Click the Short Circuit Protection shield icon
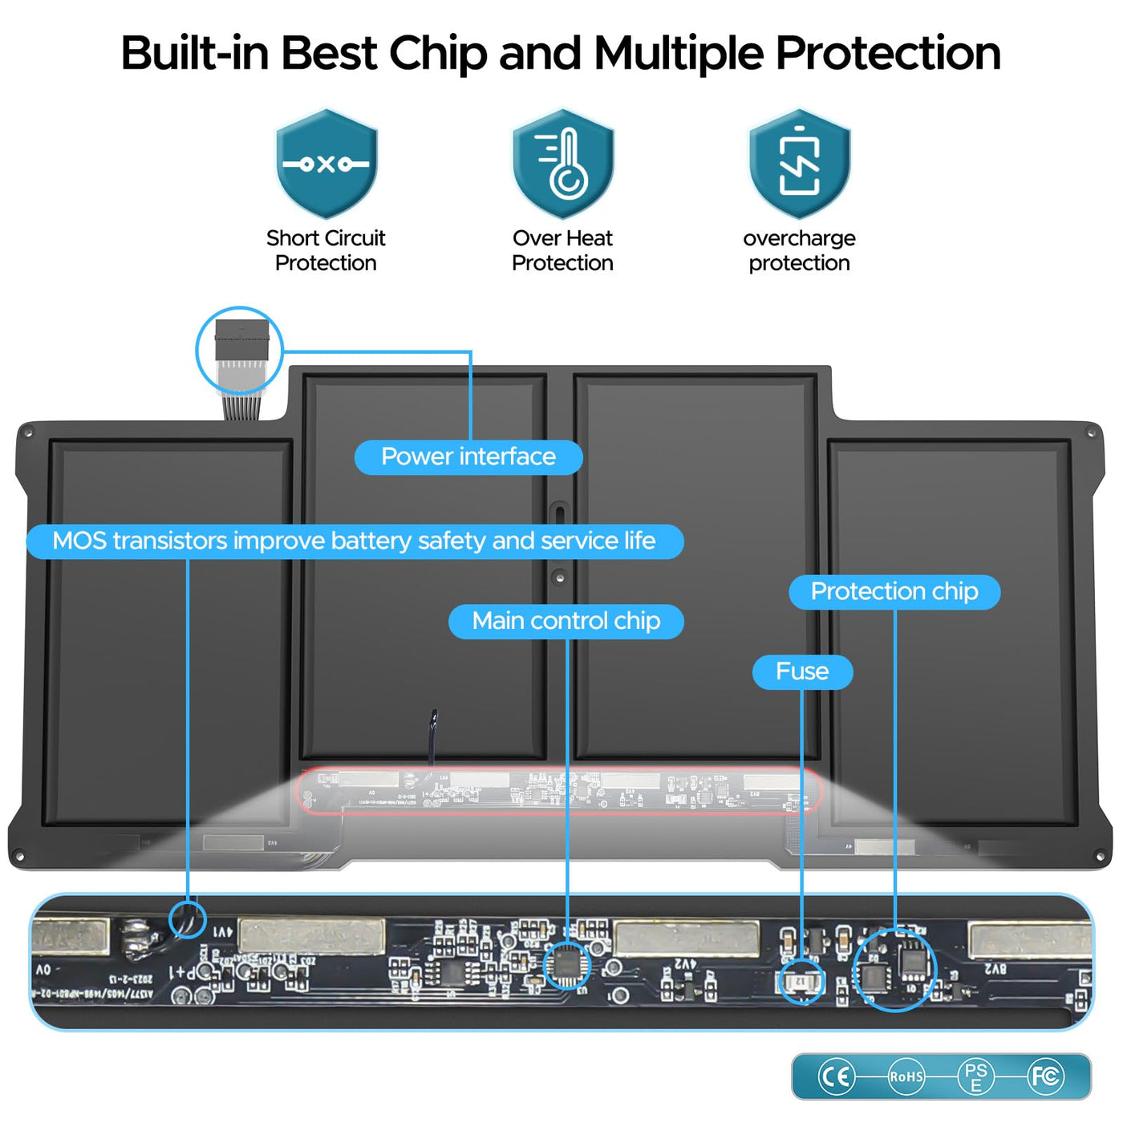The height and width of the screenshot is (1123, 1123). (326, 164)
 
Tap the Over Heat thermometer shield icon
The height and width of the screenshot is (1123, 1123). (563, 164)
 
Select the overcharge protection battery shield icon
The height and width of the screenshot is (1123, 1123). (800, 164)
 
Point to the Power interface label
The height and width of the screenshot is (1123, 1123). (468, 457)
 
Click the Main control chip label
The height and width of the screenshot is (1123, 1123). (566, 622)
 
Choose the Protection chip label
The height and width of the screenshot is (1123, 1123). (894, 592)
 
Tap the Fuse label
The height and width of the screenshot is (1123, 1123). (802, 671)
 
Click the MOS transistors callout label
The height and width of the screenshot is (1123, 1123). (355, 541)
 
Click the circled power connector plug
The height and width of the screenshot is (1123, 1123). (240, 348)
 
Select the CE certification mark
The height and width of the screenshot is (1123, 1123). (836, 1076)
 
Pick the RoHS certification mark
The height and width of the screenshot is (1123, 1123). (906, 1076)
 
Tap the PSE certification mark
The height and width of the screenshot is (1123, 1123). (976, 1076)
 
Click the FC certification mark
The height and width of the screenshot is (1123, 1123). (1046, 1076)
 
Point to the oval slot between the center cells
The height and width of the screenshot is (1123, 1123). (559, 514)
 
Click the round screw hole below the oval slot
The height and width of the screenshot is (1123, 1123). (560, 577)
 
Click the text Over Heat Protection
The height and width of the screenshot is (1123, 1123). (563, 250)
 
